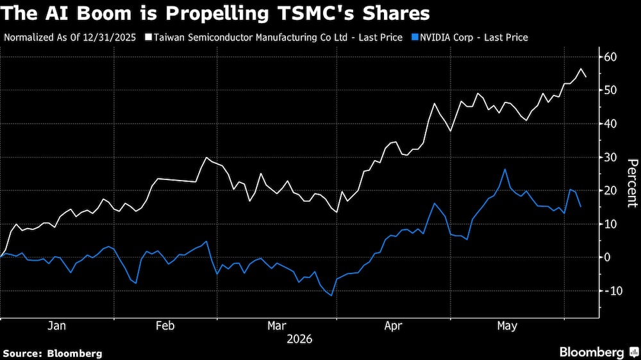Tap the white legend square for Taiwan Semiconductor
(149, 38)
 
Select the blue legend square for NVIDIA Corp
(415, 38)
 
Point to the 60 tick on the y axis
(610, 57)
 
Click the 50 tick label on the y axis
(610, 90)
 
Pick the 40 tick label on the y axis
(610, 124)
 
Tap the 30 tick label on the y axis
(610, 158)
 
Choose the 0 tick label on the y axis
(607, 258)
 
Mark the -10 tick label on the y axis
(612, 291)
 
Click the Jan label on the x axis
(56, 325)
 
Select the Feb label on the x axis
(165, 325)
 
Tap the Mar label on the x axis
(277, 325)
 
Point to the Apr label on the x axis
(394, 326)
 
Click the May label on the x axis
(507, 326)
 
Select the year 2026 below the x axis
(299, 339)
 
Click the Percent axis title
(633, 183)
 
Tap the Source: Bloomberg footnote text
(53, 354)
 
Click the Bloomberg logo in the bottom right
(599, 352)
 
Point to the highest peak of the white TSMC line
(581, 69)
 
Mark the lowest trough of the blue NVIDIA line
(331, 295)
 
